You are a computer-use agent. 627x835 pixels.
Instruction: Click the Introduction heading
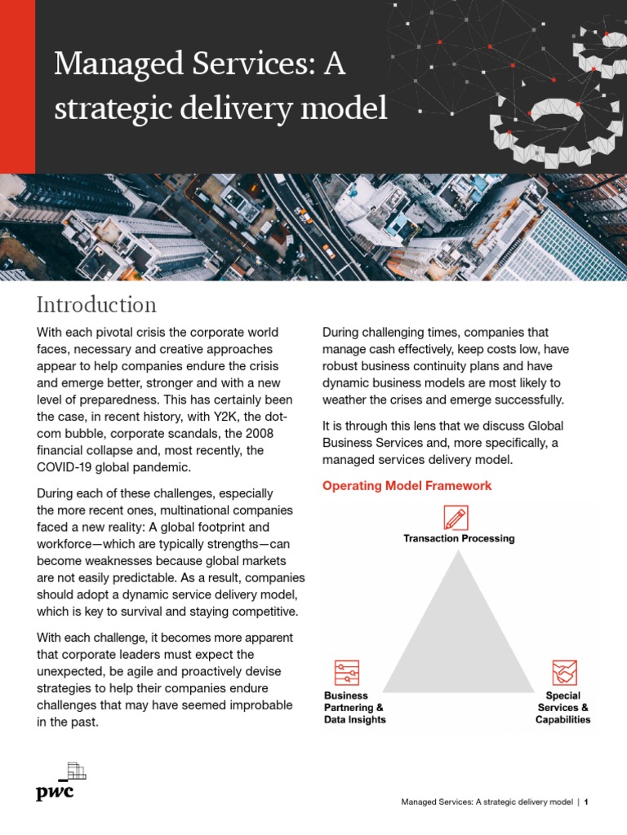[x=96, y=305]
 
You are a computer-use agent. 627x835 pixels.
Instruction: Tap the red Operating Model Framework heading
[x=407, y=486]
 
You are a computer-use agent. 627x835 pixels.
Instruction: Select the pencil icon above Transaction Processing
[x=456, y=518]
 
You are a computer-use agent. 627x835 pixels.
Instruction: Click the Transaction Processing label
[x=459, y=538]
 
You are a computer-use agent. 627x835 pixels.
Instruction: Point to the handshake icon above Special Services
[x=563, y=674]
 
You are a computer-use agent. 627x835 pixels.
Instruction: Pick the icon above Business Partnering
[x=346, y=674]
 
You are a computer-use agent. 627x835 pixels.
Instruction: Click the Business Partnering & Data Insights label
[x=355, y=708]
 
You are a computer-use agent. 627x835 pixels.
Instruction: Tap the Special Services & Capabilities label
[x=563, y=708]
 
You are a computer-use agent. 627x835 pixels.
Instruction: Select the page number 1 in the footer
[x=586, y=802]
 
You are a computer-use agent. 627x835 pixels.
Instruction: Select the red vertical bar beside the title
[x=17, y=86]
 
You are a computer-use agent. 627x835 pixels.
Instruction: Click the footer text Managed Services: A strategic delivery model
[x=487, y=802]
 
